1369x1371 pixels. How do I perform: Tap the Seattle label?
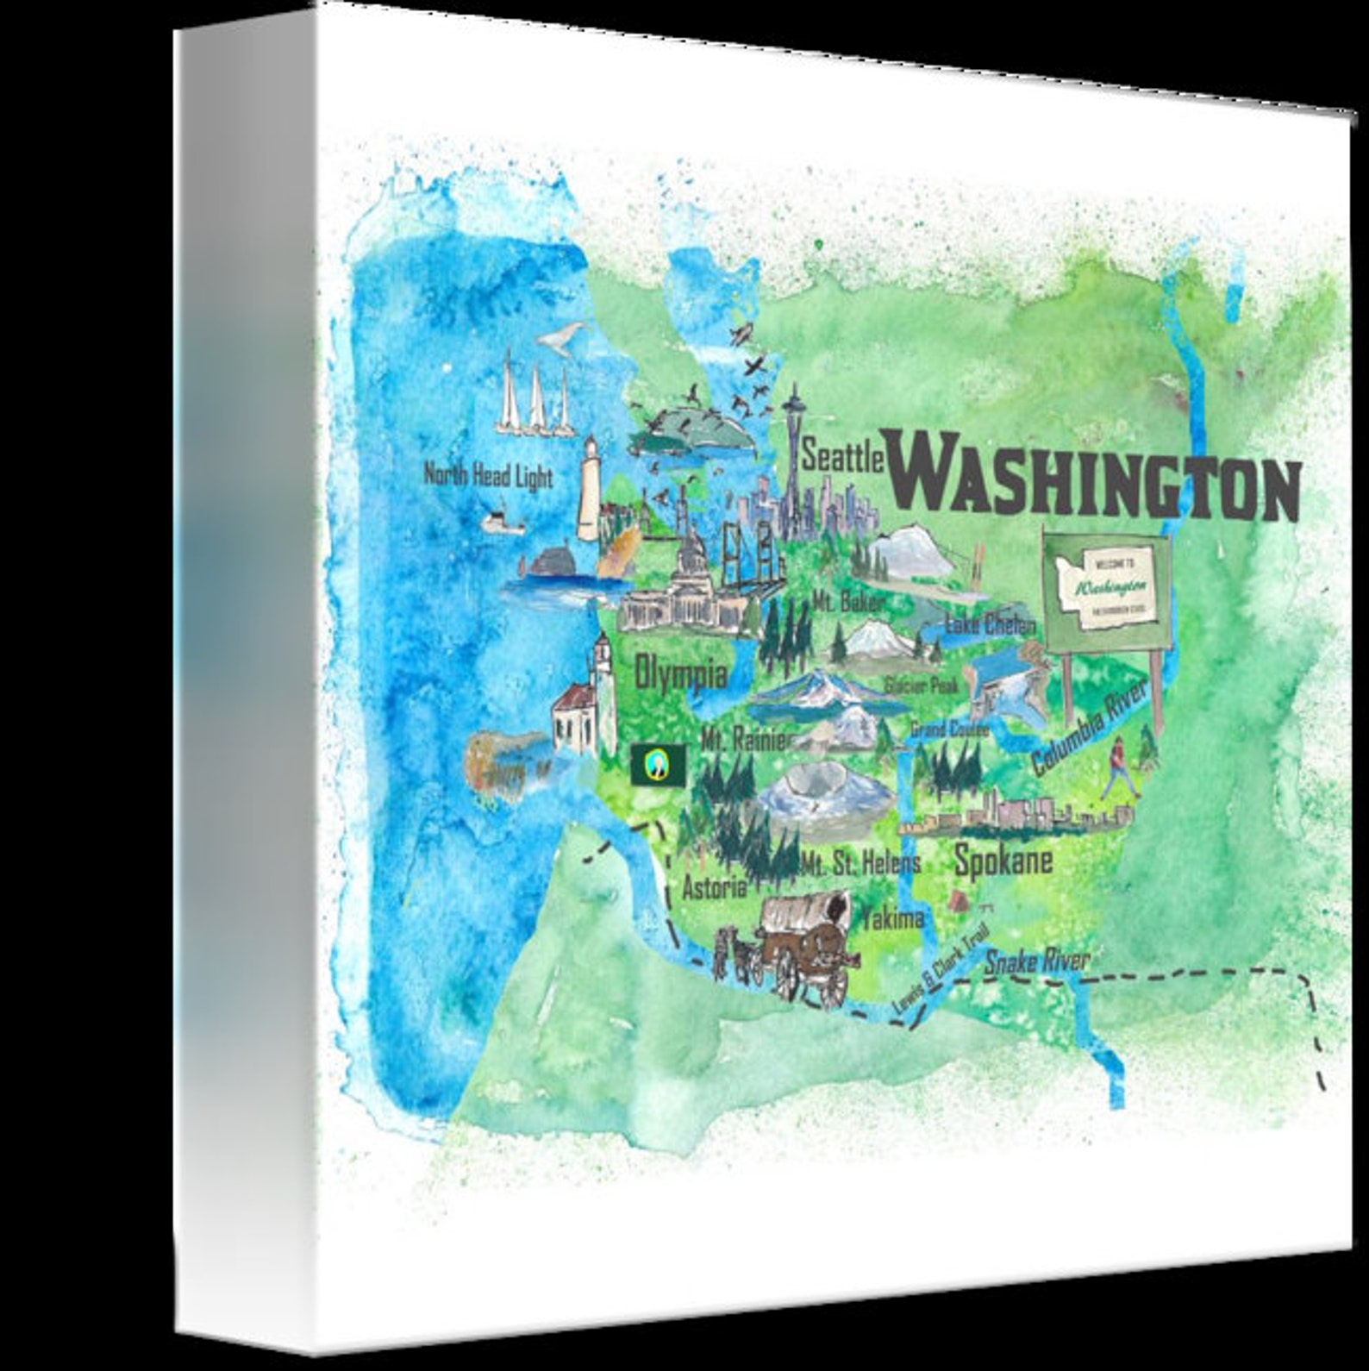coord(842,455)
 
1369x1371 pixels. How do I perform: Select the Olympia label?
coord(679,673)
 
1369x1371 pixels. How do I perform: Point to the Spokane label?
coord(1003,861)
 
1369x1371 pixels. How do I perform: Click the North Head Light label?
coord(488,475)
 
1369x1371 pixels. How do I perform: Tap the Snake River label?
coord(1036,961)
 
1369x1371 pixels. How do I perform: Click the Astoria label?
coord(713,886)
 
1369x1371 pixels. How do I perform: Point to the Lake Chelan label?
coord(989,623)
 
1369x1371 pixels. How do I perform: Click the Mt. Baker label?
coord(848,601)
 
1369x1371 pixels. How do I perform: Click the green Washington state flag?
coord(658,764)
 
